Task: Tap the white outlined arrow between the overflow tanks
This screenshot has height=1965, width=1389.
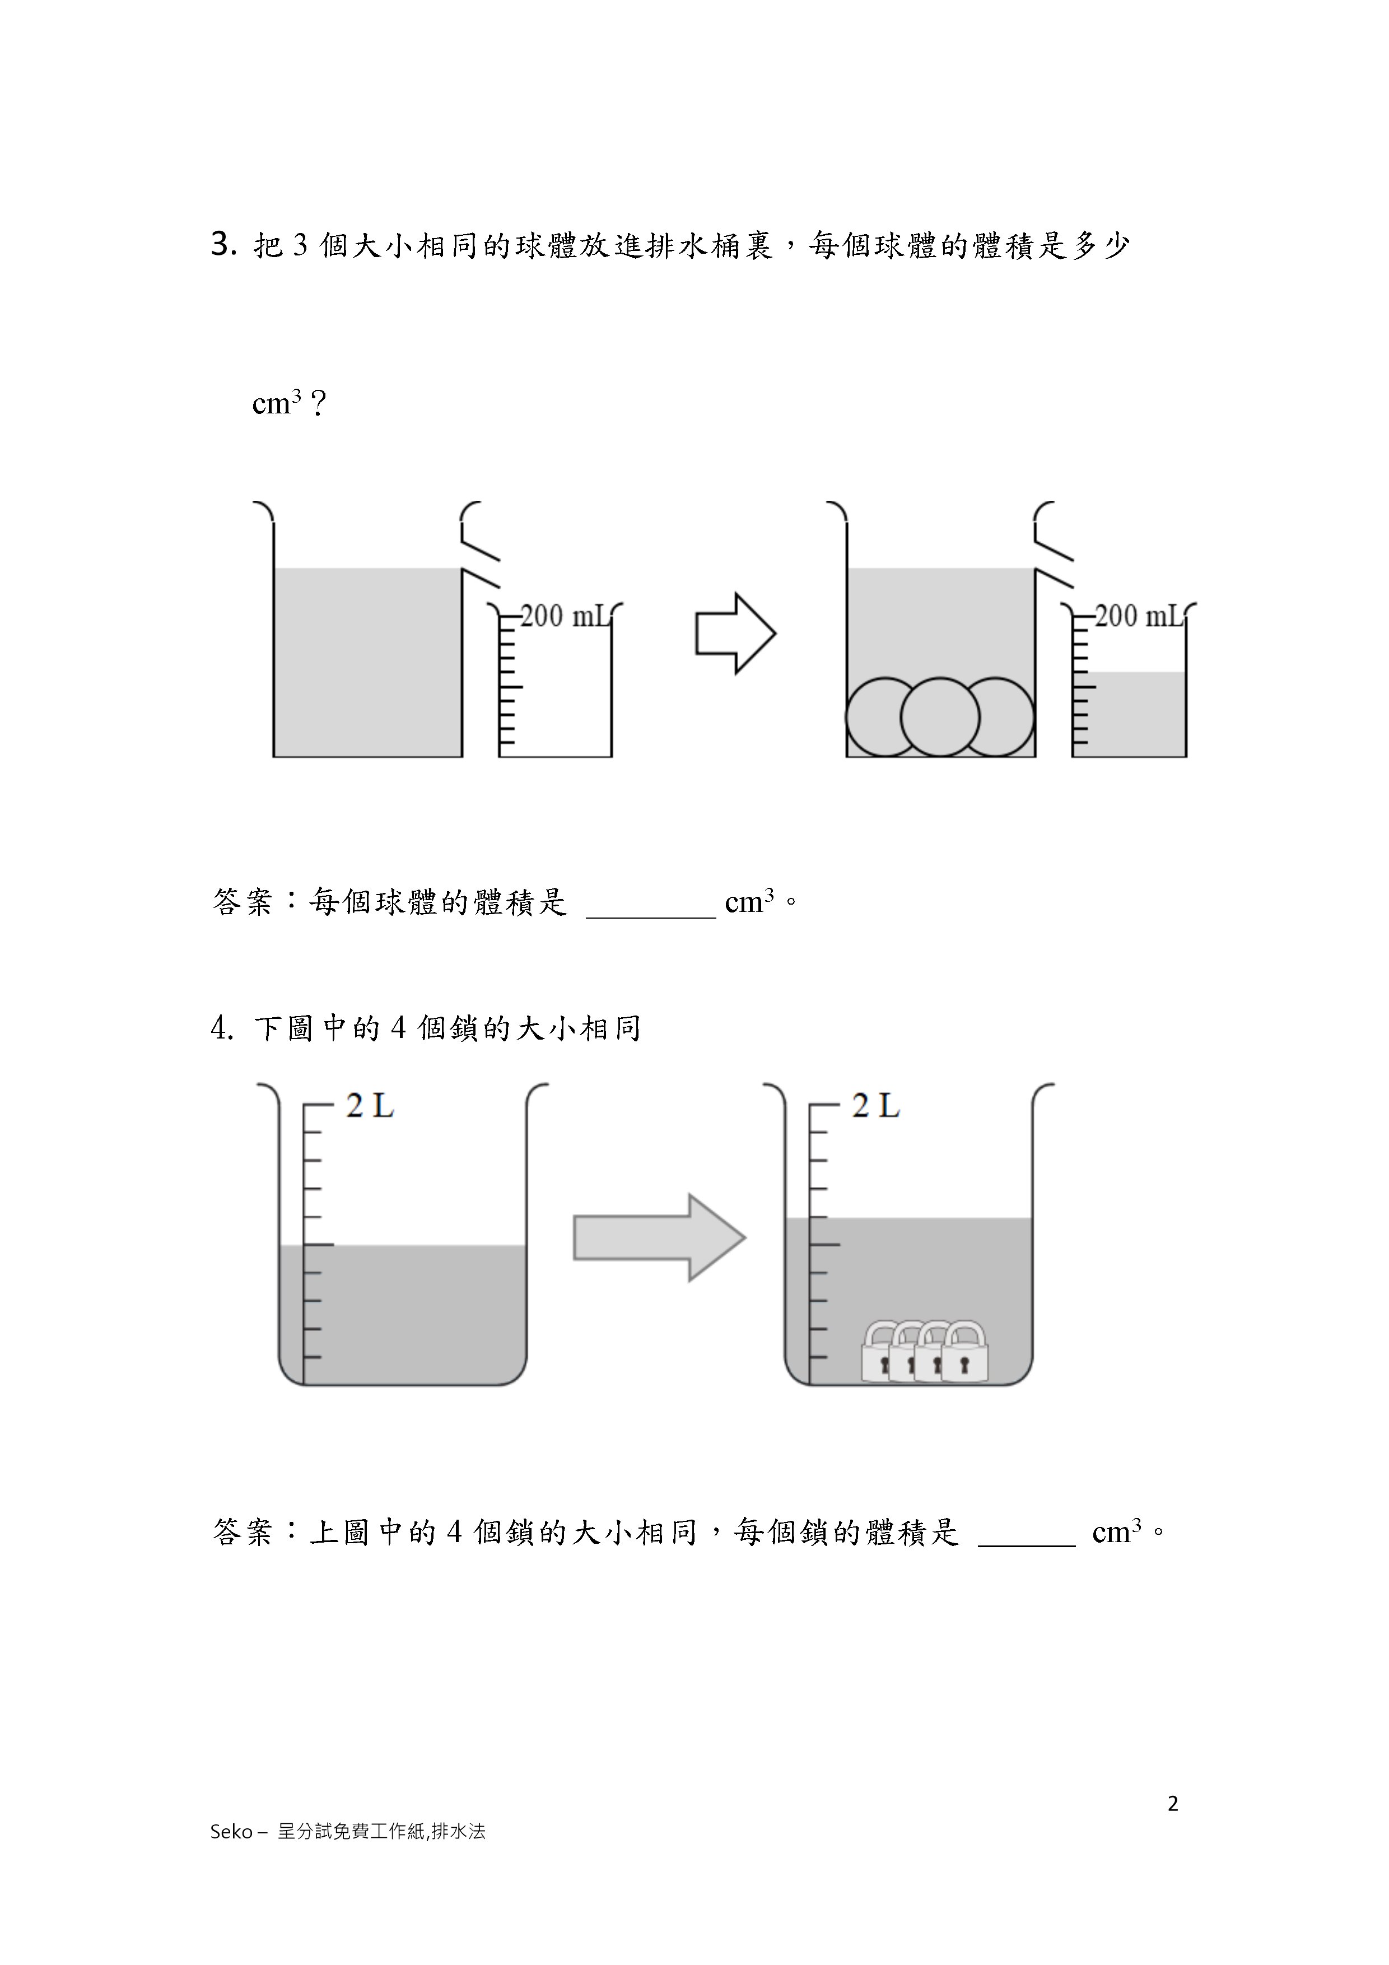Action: [x=735, y=634]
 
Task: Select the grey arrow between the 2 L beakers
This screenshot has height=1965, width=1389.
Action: [x=660, y=1237]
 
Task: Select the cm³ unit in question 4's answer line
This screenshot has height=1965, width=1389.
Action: [x=1117, y=1530]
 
